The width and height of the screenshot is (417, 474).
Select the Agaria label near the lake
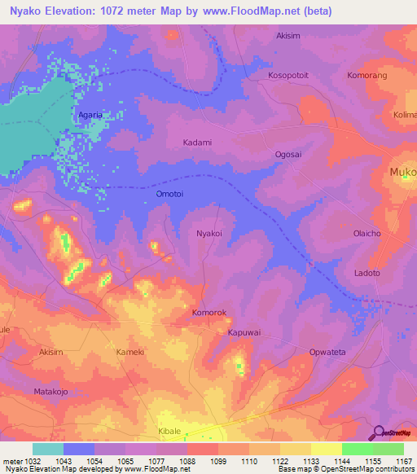tap(90, 115)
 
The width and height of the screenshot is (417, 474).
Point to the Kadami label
tap(197, 143)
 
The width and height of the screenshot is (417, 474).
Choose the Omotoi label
tap(169, 195)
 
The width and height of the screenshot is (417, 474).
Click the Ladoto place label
tap(367, 273)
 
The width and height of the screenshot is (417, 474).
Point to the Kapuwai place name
tap(244, 333)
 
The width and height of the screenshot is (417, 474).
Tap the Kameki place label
tap(130, 352)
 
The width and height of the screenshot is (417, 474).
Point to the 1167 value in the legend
tap(404, 460)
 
